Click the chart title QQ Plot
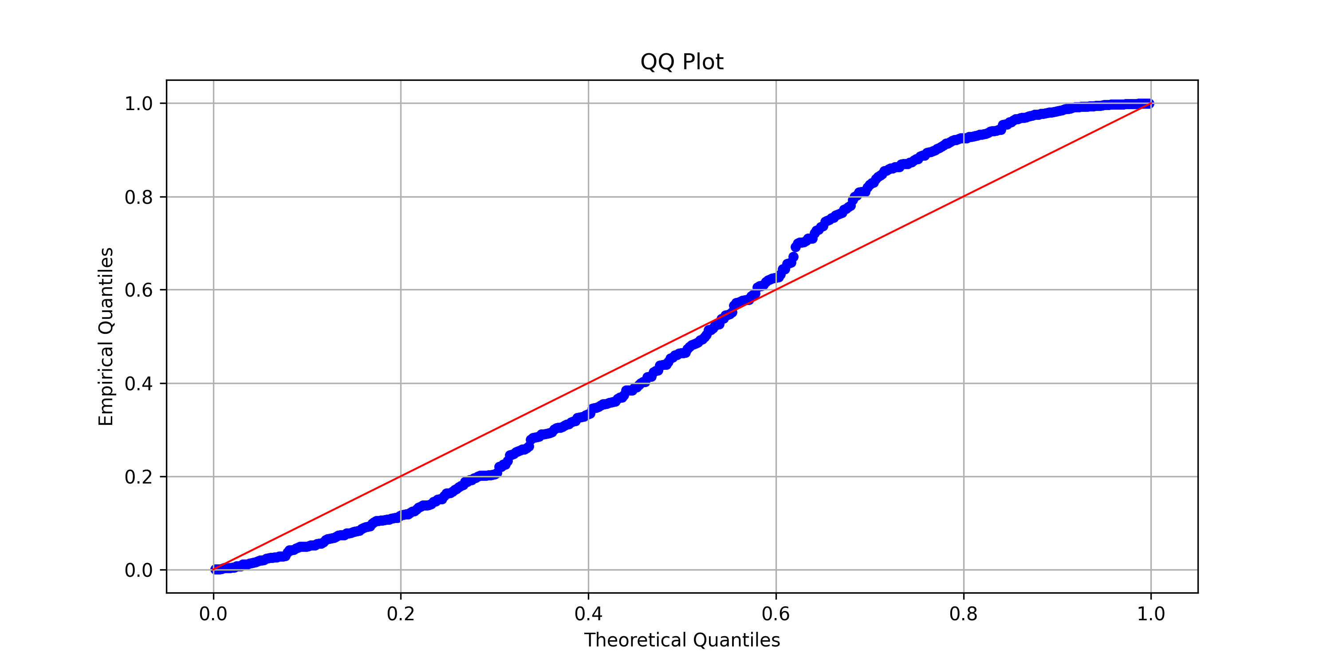point(681,62)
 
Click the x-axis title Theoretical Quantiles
point(681,640)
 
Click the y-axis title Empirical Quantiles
point(106,336)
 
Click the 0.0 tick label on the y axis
point(138,571)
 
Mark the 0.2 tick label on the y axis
point(138,477)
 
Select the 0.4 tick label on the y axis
point(138,384)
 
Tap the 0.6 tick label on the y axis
point(138,290)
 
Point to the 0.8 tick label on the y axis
point(138,197)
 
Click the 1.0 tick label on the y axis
point(138,103)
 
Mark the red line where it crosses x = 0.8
point(963,197)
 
